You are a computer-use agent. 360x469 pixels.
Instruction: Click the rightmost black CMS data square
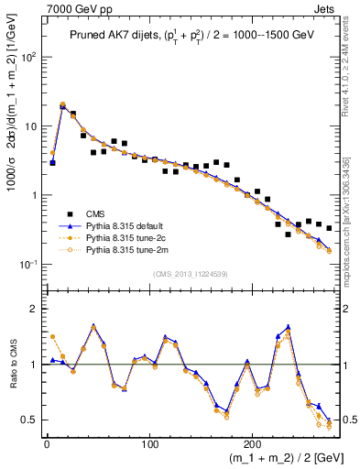[x=329, y=228]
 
